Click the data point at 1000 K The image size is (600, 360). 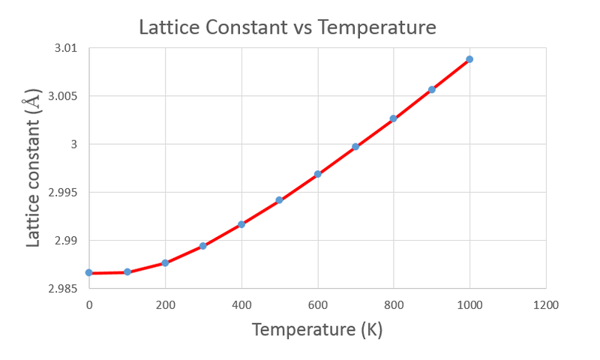(469, 59)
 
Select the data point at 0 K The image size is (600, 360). (89, 272)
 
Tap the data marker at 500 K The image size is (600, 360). (279, 200)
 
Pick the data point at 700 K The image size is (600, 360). (355, 147)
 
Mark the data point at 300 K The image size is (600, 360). (203, 246)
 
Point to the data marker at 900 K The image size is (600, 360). (432, 89)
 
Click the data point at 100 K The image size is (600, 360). (127, 271)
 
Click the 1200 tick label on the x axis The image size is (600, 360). (546, 305)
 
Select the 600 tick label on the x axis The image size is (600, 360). (317, 305)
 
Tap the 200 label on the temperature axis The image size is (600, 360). (165, 305)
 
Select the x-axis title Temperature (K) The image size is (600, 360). (317, 329)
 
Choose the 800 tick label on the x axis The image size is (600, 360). (394, 305)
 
